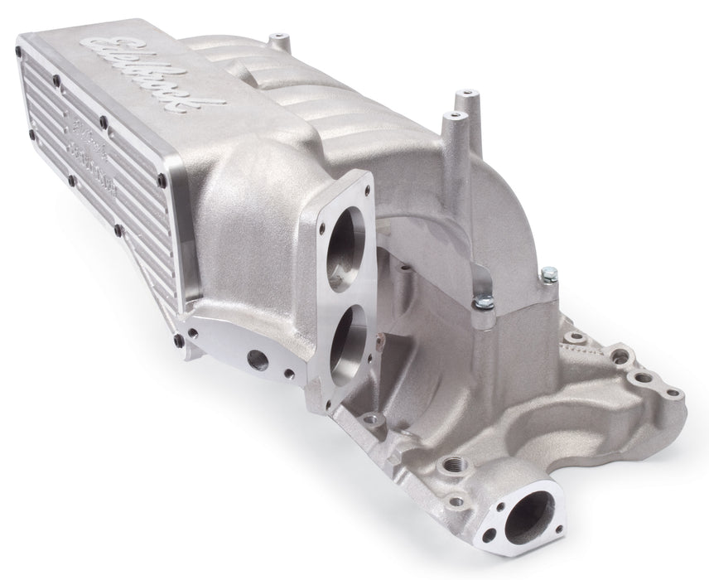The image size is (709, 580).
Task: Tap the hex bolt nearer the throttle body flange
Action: [477, 307]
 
